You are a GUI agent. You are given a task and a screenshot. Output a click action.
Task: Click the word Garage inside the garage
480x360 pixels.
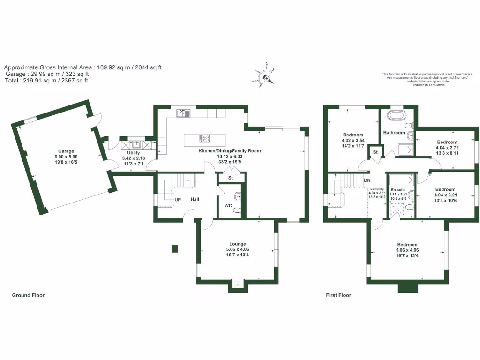point(66,151)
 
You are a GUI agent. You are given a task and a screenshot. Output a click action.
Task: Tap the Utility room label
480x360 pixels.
point(134,153)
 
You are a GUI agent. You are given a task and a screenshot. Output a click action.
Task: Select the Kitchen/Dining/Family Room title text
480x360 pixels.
point(229,151)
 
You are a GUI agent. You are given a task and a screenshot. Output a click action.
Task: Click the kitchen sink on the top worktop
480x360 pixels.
point(183,113)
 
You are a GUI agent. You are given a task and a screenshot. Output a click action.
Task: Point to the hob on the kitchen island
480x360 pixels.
point(205,138)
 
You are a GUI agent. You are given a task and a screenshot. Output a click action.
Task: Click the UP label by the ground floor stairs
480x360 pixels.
point(178,200)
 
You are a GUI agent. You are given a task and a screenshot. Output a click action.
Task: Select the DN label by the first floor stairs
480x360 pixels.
point(367,180)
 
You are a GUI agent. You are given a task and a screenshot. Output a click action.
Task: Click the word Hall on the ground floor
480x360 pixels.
point(195,200)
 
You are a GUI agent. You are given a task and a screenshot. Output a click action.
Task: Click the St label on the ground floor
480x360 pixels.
point(231,178)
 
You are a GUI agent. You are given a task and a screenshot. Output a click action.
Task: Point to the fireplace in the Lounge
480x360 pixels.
point(238,284)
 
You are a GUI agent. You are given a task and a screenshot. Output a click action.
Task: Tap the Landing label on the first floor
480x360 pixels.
point(377,188)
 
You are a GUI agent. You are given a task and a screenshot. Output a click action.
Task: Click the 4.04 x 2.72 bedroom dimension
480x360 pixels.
point(447,147)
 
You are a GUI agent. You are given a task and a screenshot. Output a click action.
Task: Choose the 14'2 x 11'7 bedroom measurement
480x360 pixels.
point(353,145)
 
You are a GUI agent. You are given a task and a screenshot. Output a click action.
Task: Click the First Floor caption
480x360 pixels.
point(338,295)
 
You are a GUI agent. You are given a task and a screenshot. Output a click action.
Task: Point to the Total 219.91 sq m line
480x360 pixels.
point(46,81)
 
